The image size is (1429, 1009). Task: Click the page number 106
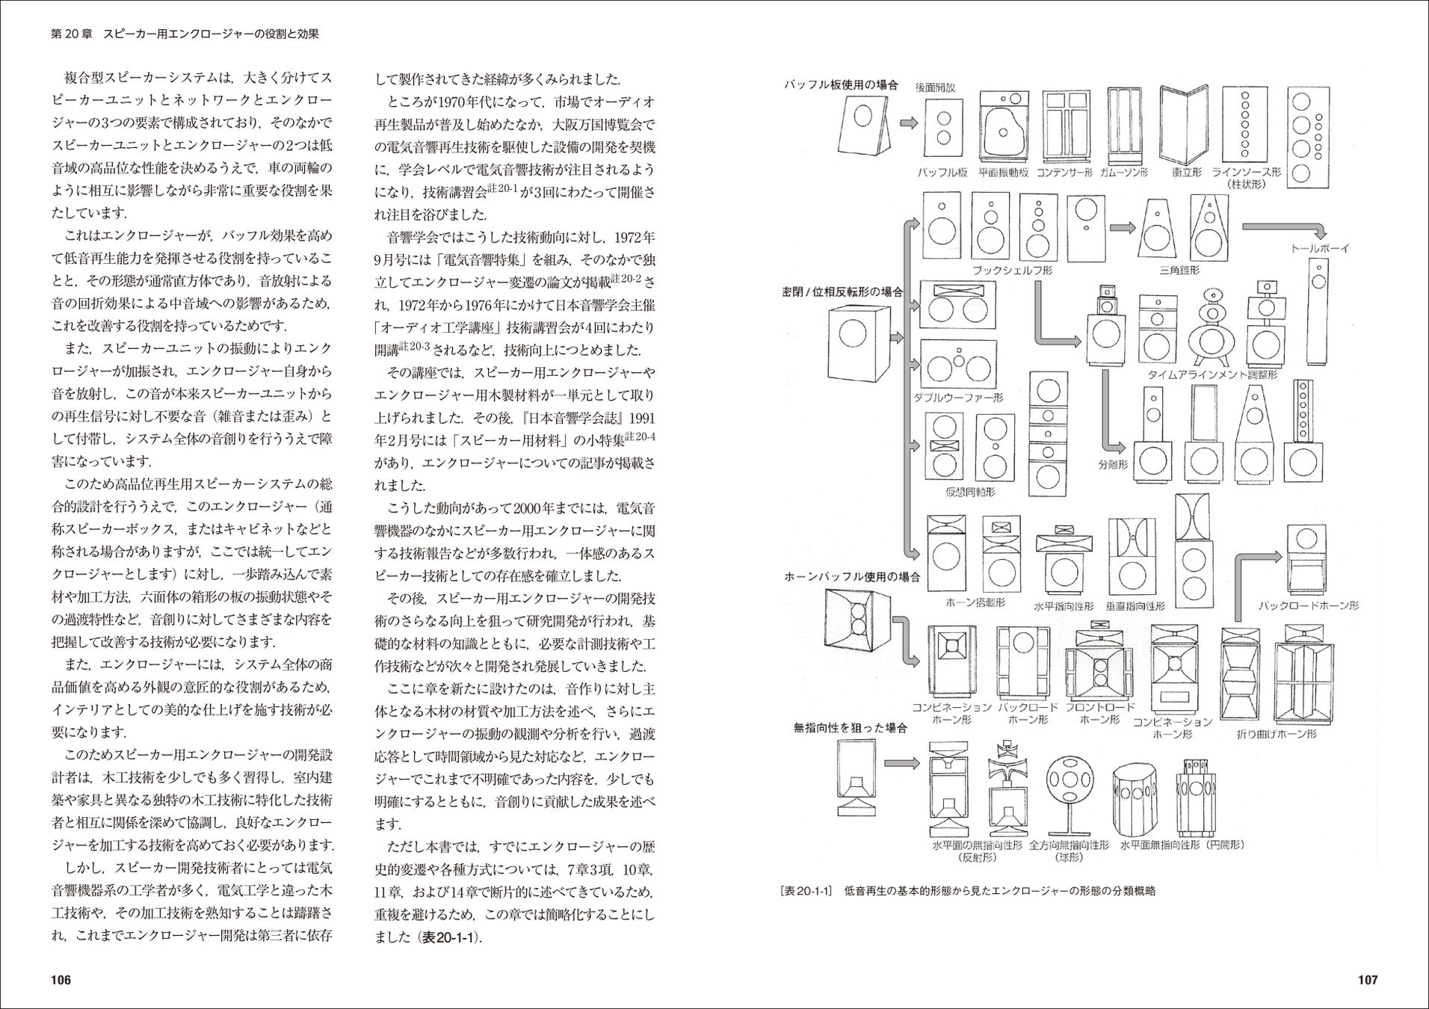[60, 980]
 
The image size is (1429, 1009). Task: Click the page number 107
[1367, 980]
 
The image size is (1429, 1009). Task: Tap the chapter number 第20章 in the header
[72, 34]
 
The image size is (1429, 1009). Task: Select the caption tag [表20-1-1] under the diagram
[806, 891]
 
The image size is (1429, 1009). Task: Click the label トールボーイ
[1320, 248]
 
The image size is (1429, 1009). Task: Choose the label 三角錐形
[1179, 270]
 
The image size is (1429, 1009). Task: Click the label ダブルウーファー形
[957, 398]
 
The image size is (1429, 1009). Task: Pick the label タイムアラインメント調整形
[1213, 374]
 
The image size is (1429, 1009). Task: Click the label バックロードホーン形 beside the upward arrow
[1309, 606]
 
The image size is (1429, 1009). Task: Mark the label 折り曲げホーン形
[1277, 733]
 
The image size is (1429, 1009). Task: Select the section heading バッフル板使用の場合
[841, 85]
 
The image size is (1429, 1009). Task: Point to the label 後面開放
[935, 87]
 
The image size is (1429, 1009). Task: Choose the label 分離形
[1113, 464]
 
